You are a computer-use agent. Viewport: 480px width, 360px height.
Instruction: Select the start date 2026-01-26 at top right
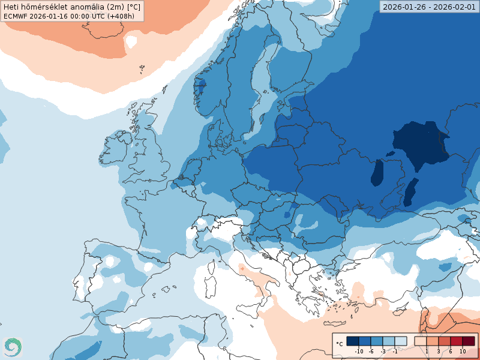point(405,7)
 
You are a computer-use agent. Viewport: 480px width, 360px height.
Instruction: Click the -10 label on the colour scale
point(359,351)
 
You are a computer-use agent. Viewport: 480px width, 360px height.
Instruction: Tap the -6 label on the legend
point(371,351)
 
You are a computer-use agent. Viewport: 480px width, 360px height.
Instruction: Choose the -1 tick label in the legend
point(395,351)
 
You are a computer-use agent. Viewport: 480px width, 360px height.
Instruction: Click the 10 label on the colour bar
point(463,351)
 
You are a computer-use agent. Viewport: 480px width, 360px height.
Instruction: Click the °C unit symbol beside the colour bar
point(340,344)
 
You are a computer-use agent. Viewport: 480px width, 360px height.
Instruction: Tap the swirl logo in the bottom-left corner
point(12,346)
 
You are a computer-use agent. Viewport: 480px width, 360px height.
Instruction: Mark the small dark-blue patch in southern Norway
point(201,85)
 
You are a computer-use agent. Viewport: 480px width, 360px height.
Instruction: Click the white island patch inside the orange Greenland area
point(130,42)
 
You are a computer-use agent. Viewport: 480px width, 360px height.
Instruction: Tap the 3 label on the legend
point(438,351)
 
